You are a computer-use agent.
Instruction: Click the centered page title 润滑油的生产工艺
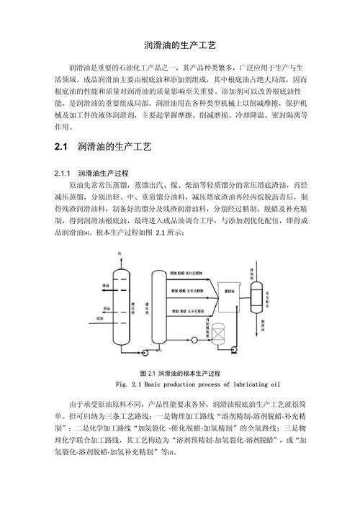click(x=180, y=44)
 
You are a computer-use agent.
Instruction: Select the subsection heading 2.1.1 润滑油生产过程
click(x=91, y=174)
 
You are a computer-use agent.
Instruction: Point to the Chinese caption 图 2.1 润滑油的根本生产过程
click(x=180, y=374)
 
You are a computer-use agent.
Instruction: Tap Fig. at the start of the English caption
click(x=120, y=384)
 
